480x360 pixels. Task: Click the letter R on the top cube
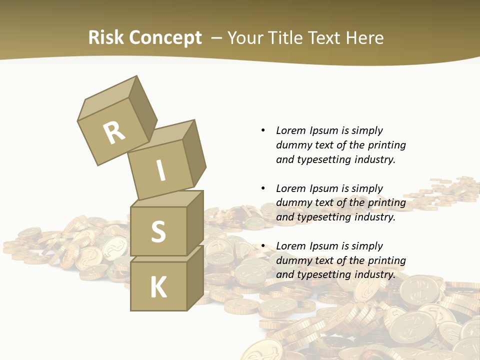pos(114,133)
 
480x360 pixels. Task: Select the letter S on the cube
pos(158,231)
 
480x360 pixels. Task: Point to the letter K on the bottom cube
pos(158,287)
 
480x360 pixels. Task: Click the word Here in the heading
pos(364,37)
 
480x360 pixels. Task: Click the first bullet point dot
pos(263,131)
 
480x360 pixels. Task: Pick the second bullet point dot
pos(263,188)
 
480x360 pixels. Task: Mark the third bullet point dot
pos(263,246)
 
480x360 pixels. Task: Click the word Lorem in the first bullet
pos(290,131)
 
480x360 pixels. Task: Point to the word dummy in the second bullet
pos(291,203)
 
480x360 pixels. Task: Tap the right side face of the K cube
pos(195,277)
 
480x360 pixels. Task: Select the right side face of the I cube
pos(194,153)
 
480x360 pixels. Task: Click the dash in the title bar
pos(217,38)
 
